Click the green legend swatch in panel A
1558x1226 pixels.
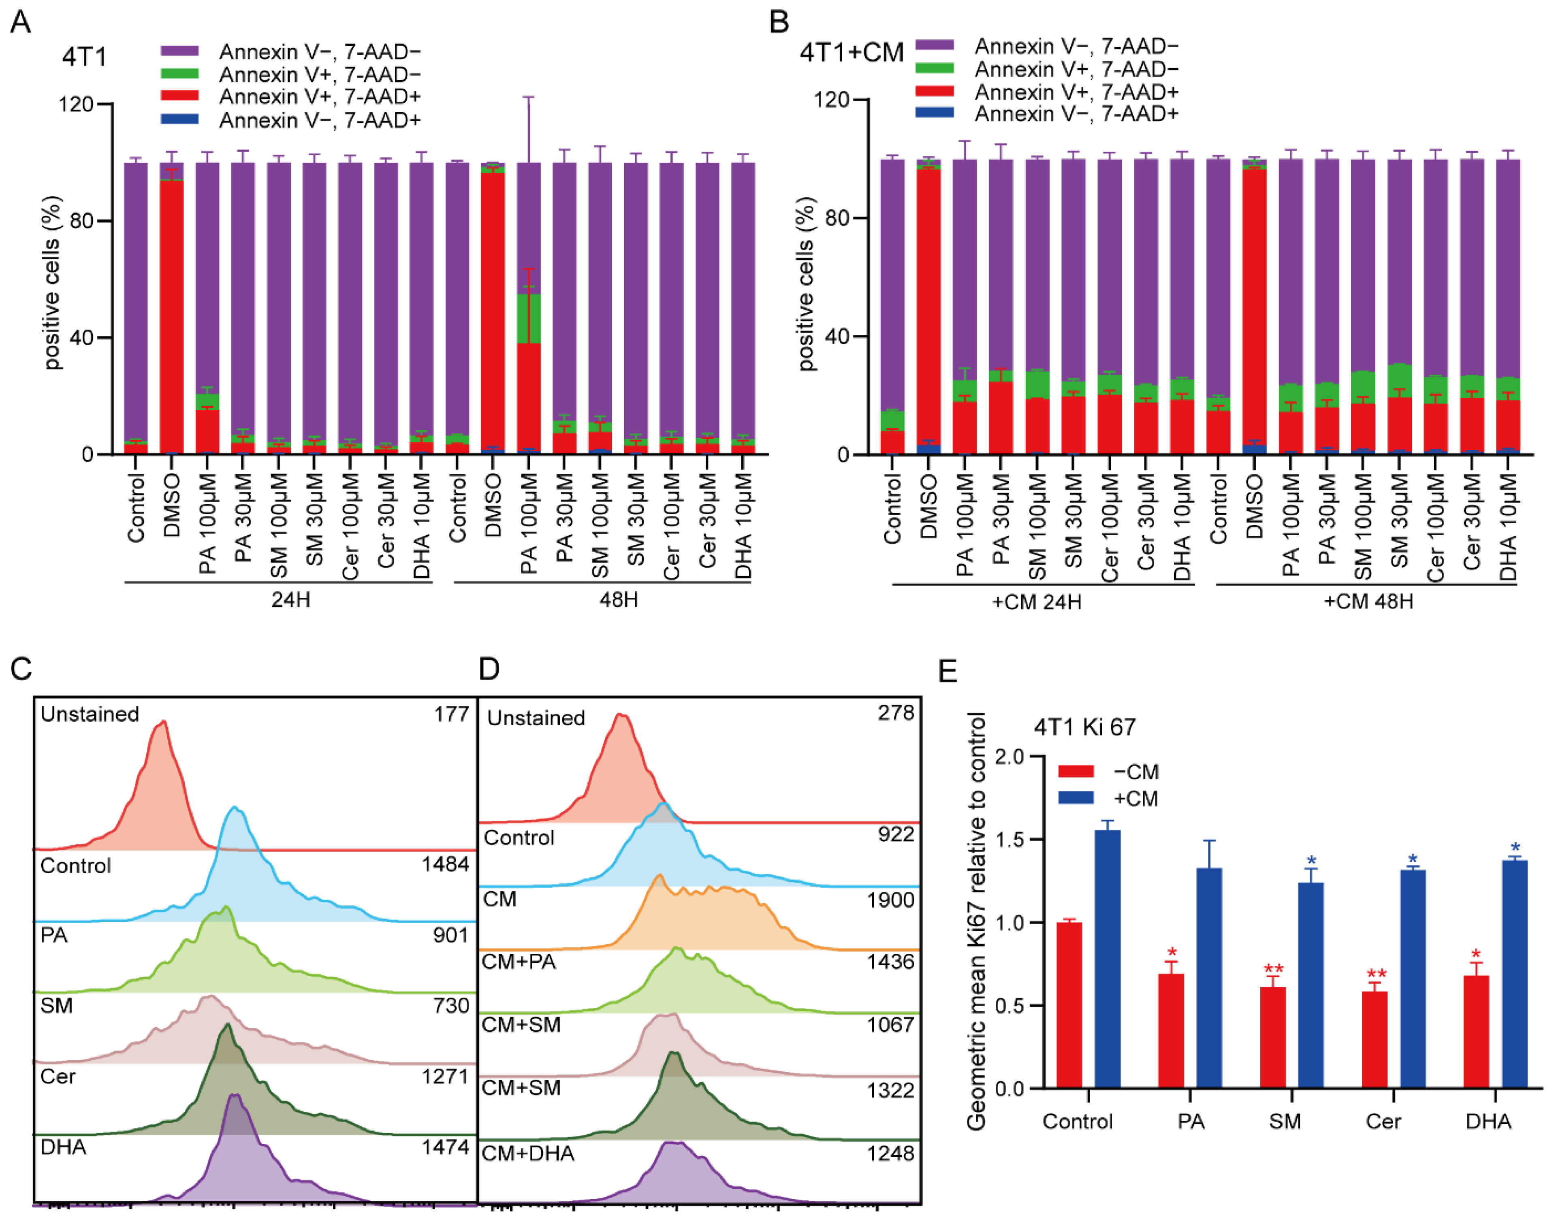pos(179,73)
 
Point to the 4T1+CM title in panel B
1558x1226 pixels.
pos(852,52)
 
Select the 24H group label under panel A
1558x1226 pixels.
pos(291,599)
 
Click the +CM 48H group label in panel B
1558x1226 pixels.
pos(1368,601)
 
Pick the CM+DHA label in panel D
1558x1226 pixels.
pos(528,1154)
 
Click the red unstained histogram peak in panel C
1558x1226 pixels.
pos(163,725)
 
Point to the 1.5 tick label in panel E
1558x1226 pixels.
pos(1010,839)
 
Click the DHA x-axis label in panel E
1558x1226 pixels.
pos(1488,1121)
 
